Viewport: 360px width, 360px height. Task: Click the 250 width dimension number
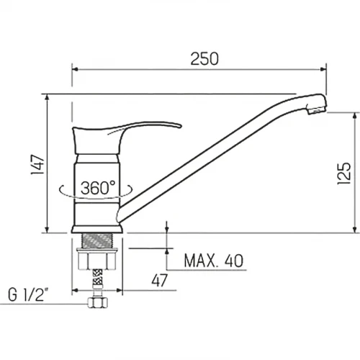coord(204,59)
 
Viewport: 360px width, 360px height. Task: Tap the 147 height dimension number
coord(38,164)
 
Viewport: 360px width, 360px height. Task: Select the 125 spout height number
coord(344,174)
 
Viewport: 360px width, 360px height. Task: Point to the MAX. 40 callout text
coord(213,261)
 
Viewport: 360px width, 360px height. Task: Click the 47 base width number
coord(159,280)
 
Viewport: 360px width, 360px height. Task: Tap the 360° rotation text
coord(98,188)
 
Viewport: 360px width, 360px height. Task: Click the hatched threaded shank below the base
coord(97,241)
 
